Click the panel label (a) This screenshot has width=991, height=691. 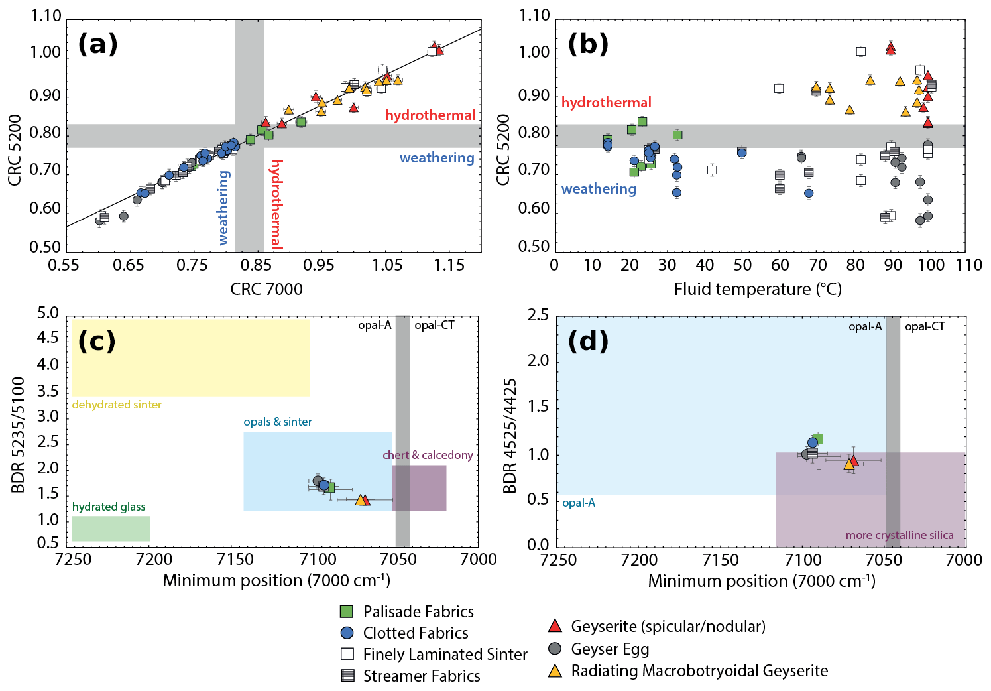[98, 44]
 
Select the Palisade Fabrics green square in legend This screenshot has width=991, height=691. [347, 611]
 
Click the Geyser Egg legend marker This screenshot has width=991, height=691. [555, 648]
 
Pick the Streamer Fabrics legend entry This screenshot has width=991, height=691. [422, 676]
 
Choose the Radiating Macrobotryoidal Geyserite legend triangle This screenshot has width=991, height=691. [555, 670]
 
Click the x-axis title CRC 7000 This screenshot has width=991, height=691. [266, 289]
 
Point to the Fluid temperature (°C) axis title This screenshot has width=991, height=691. [758, 289]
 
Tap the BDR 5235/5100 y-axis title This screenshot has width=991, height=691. [18, 435]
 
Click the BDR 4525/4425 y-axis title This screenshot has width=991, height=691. [509, 436]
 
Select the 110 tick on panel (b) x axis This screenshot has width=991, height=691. [968, 265]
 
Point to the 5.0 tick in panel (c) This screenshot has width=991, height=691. [48, 313]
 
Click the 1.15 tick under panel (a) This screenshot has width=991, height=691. [449, 265]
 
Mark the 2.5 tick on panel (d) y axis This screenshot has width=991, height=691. [538, 314]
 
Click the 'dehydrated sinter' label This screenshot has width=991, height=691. [117, 405]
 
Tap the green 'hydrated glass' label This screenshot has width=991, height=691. [109, 507]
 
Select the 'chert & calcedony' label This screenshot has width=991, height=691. [428, 455]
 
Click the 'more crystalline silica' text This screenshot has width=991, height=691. [900, 535]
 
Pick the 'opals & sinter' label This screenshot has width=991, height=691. [277, 422]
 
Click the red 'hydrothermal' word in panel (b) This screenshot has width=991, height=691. [606, 103]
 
